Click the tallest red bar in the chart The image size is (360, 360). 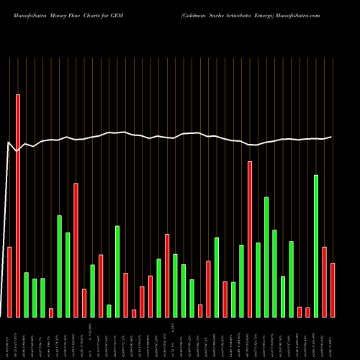(18, 205)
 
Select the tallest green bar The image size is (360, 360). (315, 246)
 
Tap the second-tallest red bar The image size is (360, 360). (250, 239)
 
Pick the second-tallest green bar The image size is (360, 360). (266, 256)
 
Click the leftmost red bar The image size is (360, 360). (9, 282)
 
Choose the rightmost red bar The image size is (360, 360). (333, 289)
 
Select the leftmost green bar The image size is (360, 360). (26, 294)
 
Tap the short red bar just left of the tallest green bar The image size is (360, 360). (307, 312)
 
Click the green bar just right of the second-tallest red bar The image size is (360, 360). (258, 279)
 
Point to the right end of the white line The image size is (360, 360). (332, 137)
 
